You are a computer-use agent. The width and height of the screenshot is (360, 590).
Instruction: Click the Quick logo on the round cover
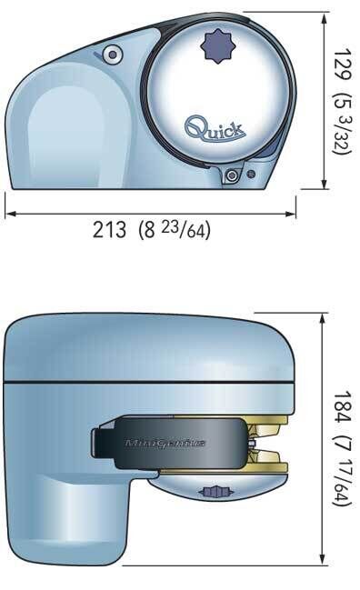(215, 129)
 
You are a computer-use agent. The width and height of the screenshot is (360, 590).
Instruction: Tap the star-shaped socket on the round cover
(218, 46)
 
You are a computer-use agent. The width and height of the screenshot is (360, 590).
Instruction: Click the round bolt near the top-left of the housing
(113, 55)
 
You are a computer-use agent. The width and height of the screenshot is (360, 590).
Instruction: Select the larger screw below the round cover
(232, 175)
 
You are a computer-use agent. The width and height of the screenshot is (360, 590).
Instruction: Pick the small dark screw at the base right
(251, 175)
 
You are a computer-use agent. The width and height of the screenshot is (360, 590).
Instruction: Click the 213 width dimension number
(109, 229)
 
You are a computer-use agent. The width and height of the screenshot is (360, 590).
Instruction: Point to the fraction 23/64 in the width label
(185, 230)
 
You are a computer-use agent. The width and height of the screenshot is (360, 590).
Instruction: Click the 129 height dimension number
(343, 64)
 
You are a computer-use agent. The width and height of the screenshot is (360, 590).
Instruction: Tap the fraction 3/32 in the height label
(342, 133)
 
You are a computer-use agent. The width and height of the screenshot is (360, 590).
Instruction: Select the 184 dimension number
(343, 407)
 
